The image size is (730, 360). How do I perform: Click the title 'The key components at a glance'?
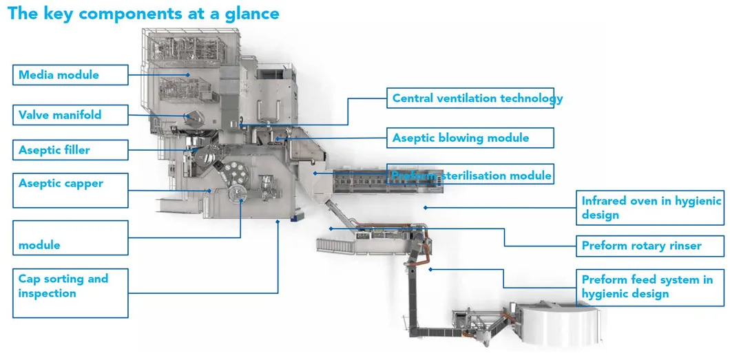click(x=143, y=14)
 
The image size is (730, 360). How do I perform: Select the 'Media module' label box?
click(x=70, y=75)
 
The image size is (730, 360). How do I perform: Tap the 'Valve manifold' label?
click(x=70, y=114)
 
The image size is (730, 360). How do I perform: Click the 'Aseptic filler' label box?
click(x=70, y=150)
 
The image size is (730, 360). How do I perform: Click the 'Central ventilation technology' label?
click(x=477, y=98)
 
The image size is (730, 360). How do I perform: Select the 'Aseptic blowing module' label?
click(x=470, y=138)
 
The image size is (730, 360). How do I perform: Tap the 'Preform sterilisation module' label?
click(x=470, y=176)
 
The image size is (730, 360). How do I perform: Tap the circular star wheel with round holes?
click(x=239, y=193)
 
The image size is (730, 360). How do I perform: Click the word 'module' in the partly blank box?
click(x=39, y=245)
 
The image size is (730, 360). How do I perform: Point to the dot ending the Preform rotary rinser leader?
click(x=331, y=228)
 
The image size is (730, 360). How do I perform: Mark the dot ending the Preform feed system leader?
click(x=430, y=269)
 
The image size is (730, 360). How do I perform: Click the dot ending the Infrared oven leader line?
click(x=425, y=207)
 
